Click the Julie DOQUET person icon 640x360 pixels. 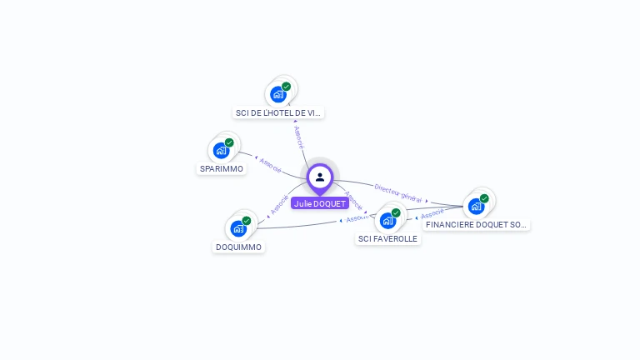tap(320, 177)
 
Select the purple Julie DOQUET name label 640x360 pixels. tap(320, 203)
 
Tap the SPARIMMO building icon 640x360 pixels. tap(221, 151)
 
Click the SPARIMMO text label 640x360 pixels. tap(222, 168)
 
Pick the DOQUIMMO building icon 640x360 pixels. tap(238, 228)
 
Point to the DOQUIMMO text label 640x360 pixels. tap(239, 247)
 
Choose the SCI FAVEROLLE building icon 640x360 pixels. tap(387, 220)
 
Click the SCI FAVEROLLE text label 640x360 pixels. tap(387, 238)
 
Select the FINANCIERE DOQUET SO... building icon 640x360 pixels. tap(476, 206)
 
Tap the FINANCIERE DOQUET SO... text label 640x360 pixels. tap(476, 224)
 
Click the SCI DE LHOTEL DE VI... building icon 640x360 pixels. tap(278, 94)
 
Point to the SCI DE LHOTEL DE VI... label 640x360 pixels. tap(278, 112)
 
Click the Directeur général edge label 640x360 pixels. tap(397, 194)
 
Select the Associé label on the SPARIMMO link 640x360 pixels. tap(270, 163)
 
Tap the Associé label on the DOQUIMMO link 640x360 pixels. tap(278, 205)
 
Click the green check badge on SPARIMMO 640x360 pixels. tap(229, 142)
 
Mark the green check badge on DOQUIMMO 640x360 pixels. tap(247, 220)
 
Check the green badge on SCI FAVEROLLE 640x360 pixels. tap(396, 212)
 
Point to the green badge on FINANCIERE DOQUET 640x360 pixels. tap(484, 198)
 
